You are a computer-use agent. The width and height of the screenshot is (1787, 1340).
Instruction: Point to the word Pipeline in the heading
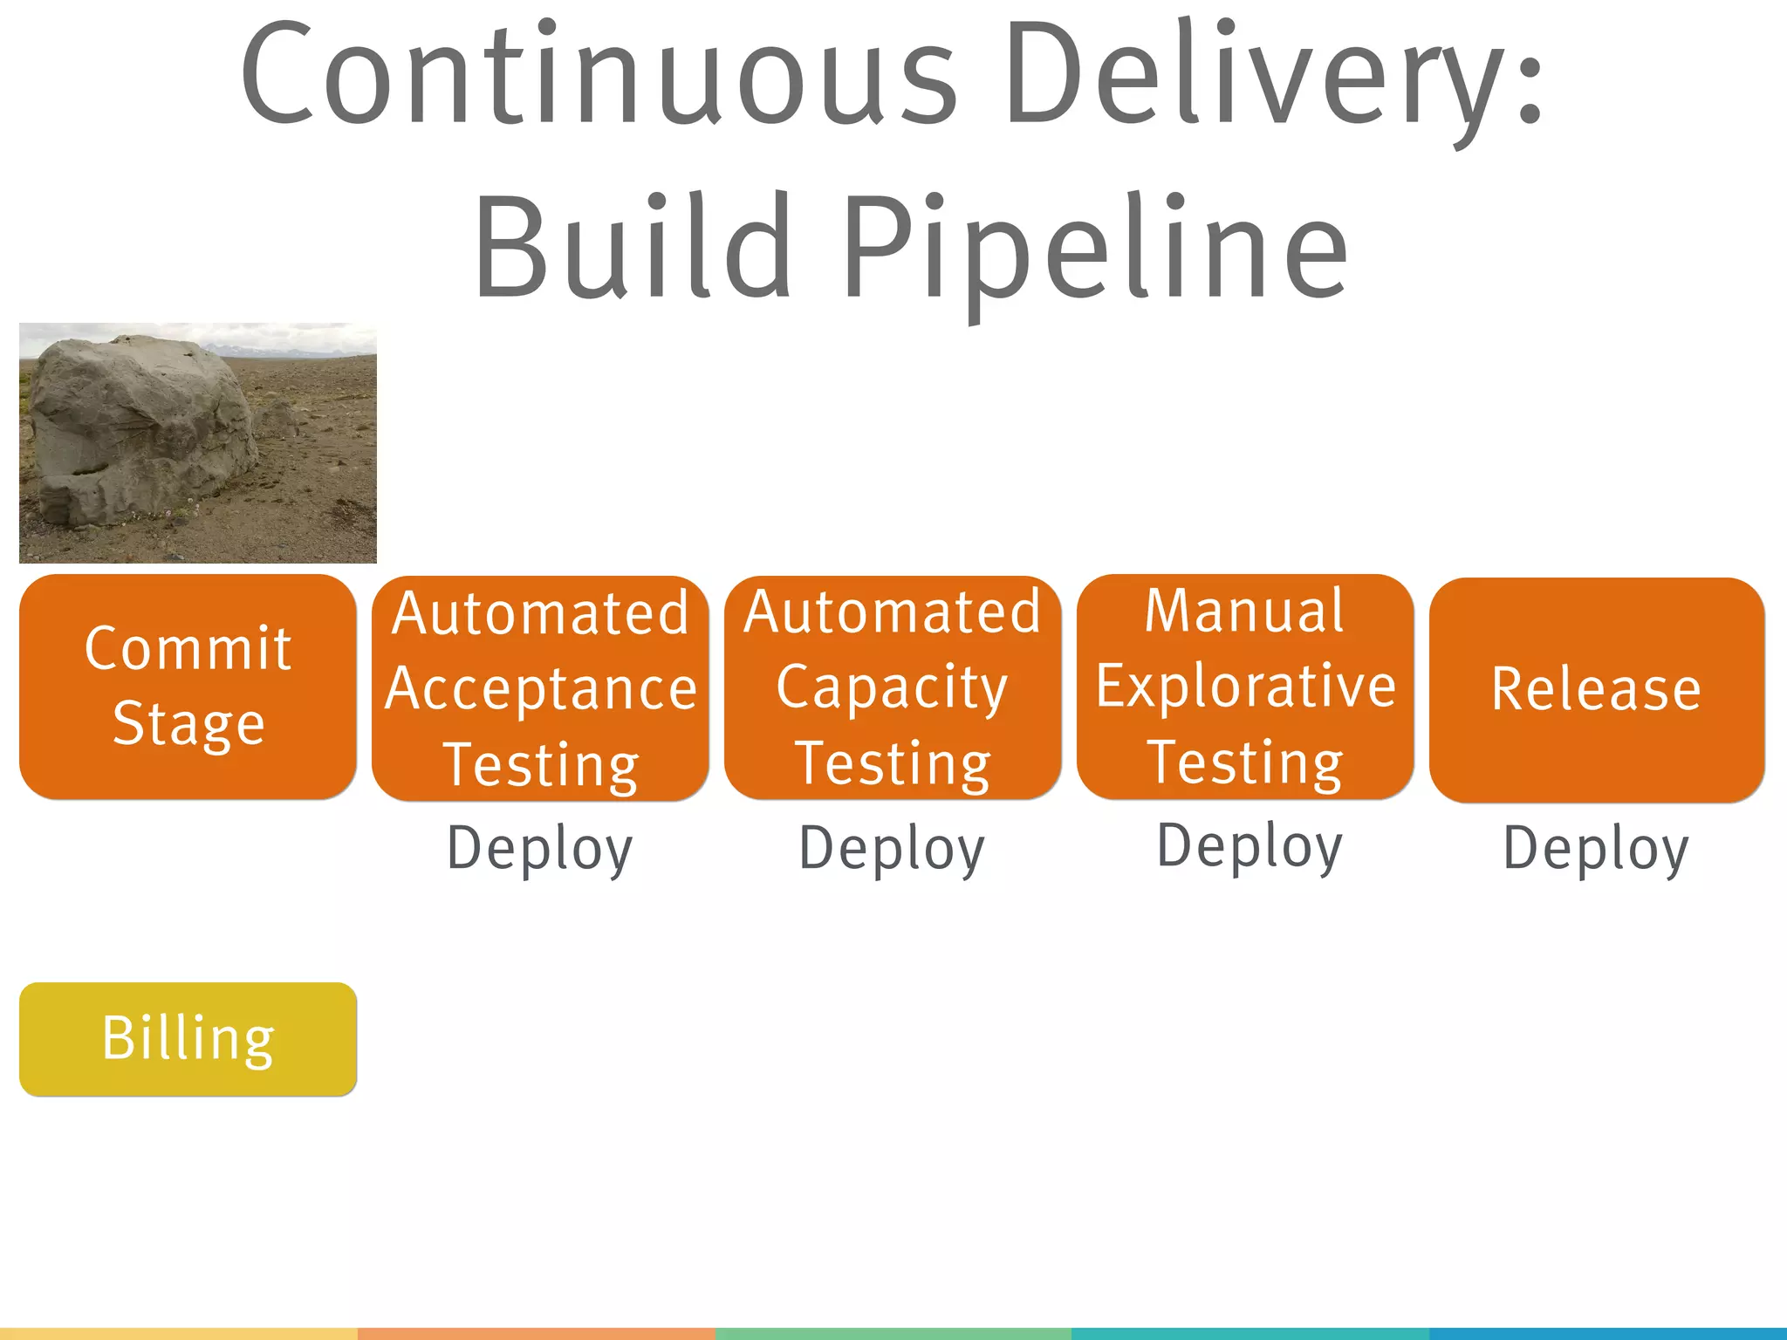[x=1095, y=248]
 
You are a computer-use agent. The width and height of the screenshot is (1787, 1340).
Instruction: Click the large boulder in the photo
[x=144, y=432]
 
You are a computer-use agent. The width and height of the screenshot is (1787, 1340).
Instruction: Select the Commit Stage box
[x=188, y=687]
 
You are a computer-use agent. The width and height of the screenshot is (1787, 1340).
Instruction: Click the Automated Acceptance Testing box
[x=540, y=688]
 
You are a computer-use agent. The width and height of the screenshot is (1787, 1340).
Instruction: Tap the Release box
[x=1597, y=689]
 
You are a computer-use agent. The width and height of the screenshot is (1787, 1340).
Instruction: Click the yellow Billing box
[x=188, y=1038]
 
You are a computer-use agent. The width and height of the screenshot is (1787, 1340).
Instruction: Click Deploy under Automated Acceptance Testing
[x=540, y=849]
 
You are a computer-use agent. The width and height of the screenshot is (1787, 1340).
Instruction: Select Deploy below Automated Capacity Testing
[x=892, y=849]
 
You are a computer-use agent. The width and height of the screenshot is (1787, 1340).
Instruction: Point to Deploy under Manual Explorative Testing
[x=1250, y=846]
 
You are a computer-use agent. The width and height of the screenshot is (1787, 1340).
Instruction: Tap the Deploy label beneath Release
[x=1596, y=849]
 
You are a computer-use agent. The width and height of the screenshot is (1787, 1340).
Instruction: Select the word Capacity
[x=892, y=688]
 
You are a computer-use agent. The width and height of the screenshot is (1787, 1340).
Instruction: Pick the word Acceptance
[x=541, y=689]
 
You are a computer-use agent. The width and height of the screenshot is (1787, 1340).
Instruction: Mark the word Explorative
[x=1245, y=687]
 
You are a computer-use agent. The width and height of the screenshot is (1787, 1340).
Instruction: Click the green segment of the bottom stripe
[x=893, y=1334]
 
